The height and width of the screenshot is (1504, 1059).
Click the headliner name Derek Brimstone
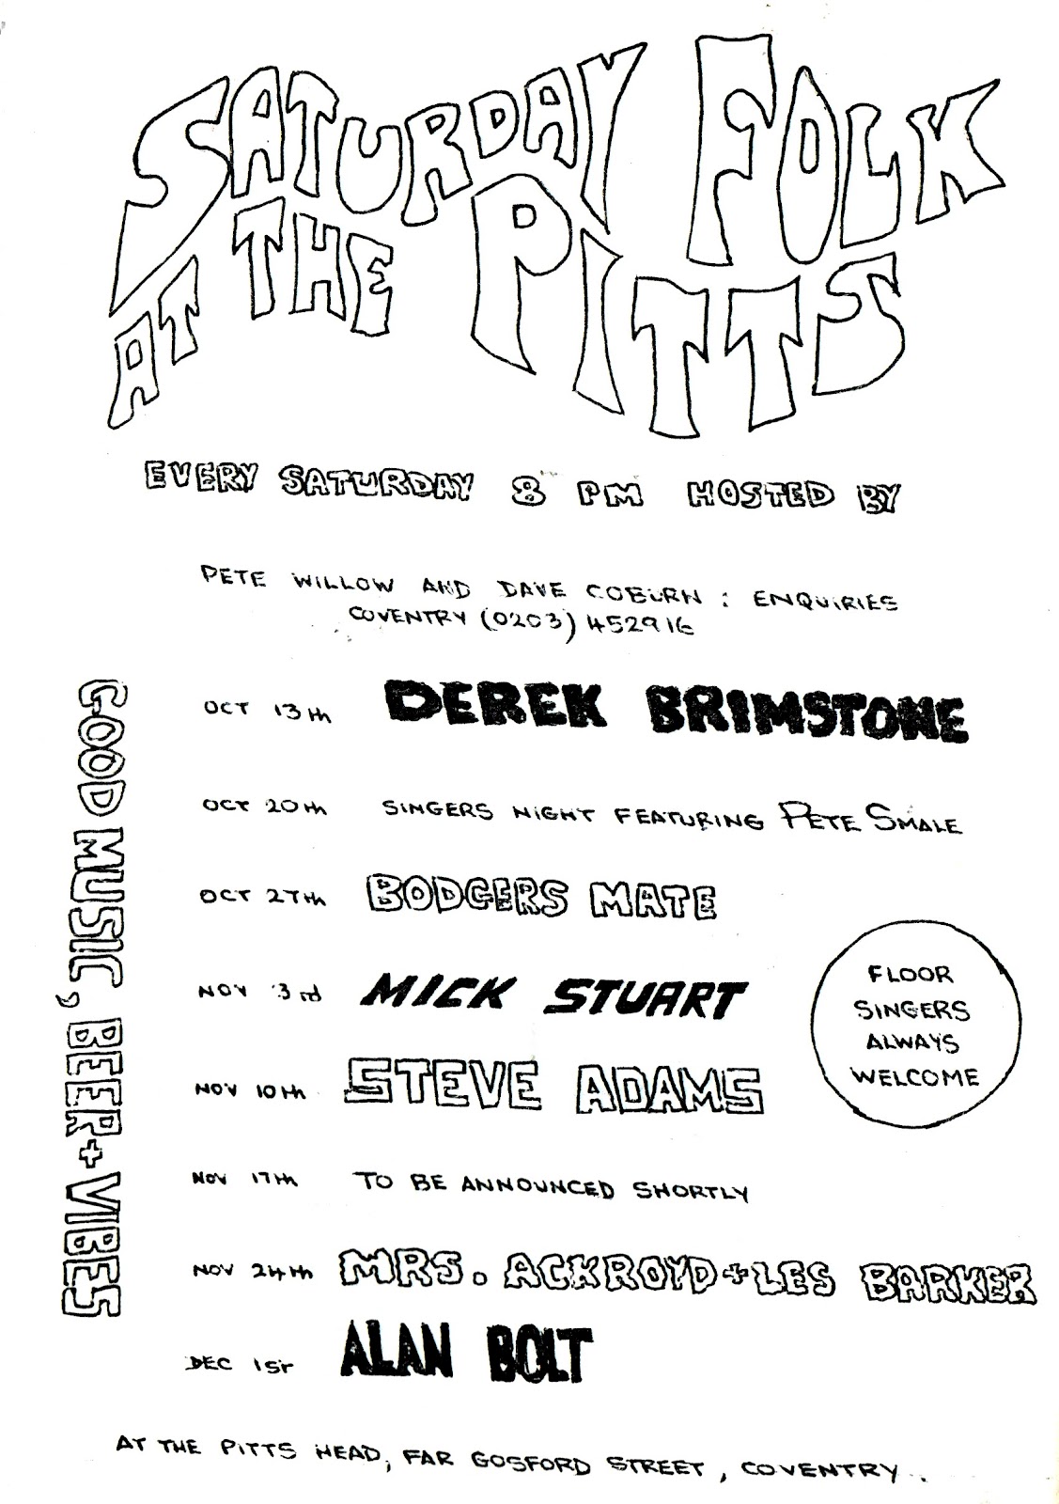click(x=675, y=712)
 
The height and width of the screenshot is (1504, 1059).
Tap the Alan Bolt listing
click(x=467, y=1354)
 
